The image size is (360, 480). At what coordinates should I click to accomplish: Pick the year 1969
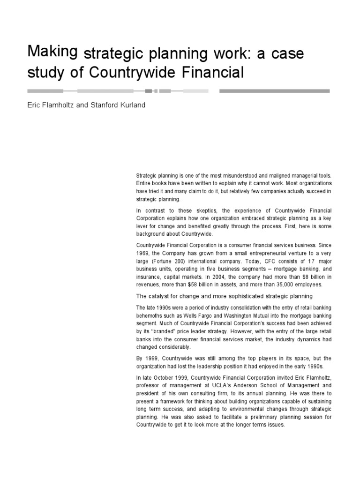(143, 252)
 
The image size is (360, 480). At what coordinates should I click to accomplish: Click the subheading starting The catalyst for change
(224, 297)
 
